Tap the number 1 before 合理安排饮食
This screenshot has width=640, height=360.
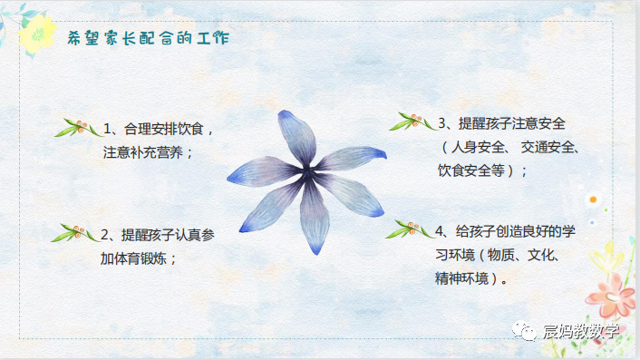click(106, 128)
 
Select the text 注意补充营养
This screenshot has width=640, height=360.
click(149, 152)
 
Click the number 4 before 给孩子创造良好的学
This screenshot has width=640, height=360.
click(441, 231)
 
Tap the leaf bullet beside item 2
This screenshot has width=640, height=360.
click(75, 234)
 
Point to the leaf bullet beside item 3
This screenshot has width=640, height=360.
click(412, 122)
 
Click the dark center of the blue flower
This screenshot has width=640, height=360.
click(308, 170)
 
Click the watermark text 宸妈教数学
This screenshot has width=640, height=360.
click(582, 331)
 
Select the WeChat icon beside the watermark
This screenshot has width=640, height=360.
click(527, 331)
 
